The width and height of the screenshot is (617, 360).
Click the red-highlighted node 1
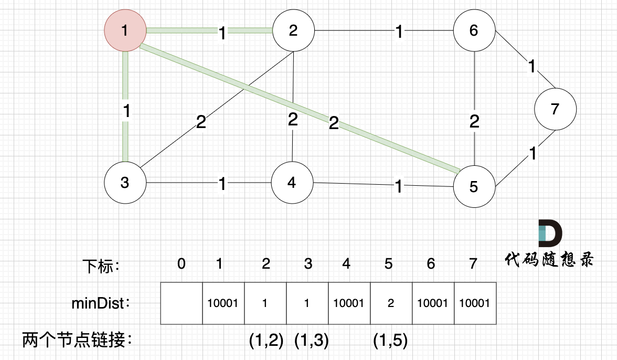point(124,30)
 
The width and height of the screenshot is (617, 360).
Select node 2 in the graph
point(293,30)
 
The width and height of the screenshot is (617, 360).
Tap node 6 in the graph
point(474,30)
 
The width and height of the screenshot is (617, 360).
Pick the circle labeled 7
point(555,109)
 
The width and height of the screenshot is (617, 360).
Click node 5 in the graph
point(474,186)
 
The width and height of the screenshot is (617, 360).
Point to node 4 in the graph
point(292,183)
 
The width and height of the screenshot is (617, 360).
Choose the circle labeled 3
point(124,183)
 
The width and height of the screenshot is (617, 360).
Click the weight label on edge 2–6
point(399,33)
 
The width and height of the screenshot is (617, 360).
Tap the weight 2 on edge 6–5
point(474,122)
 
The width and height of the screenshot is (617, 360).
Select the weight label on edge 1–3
point(125,111)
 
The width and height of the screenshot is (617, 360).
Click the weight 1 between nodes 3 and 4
point(222,184)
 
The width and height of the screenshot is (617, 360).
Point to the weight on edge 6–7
point(532,67)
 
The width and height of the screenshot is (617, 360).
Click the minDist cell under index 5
point(391,303)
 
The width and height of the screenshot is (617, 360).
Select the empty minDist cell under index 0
point(181,303)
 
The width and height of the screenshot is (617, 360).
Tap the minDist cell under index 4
point(349,303)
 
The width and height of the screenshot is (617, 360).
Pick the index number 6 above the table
point(431,264)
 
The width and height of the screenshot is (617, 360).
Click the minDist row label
point(98,303)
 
